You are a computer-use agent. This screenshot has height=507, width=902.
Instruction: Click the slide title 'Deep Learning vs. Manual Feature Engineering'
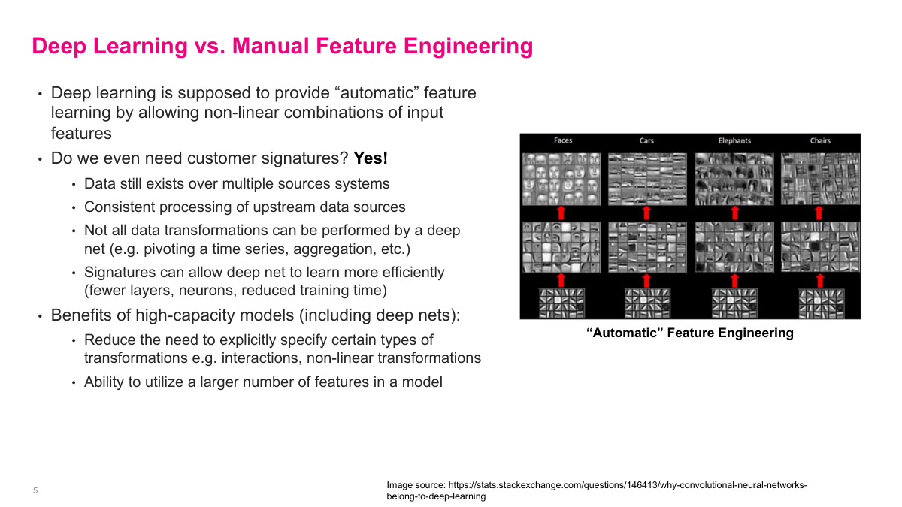tap(282, 46)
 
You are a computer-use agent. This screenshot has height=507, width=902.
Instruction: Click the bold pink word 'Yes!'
tap(371, 159)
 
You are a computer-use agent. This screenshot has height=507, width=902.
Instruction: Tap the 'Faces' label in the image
tap(563, 140)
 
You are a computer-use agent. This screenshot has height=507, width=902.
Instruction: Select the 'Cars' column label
tap(646, 140)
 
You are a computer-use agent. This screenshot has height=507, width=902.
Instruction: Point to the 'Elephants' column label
tap(734, 140)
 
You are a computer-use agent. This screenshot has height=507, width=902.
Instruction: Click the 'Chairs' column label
tap(820, 140)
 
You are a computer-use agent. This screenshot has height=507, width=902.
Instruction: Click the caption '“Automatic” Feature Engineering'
tap(689, 333)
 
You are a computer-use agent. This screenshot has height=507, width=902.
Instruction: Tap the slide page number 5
tap(35, 490)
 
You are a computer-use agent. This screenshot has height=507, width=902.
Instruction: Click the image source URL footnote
tap(597, 490)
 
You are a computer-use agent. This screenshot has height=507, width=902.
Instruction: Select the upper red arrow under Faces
tap(561, 213)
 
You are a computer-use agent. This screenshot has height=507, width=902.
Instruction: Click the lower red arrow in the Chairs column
tap(820, 280)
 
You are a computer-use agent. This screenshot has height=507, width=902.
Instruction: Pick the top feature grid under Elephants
tap(734, 179)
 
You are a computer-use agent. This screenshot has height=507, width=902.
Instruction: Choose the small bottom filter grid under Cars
tap(646, 303)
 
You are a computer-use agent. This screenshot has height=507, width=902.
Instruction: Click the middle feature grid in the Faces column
tap(561, 246)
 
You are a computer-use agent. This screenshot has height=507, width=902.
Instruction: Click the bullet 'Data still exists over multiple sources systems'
tap(237, 184)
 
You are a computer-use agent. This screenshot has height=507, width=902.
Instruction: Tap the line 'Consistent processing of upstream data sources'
tap(244, 207)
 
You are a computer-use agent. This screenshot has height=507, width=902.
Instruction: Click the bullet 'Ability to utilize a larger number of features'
tap(263, 382)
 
